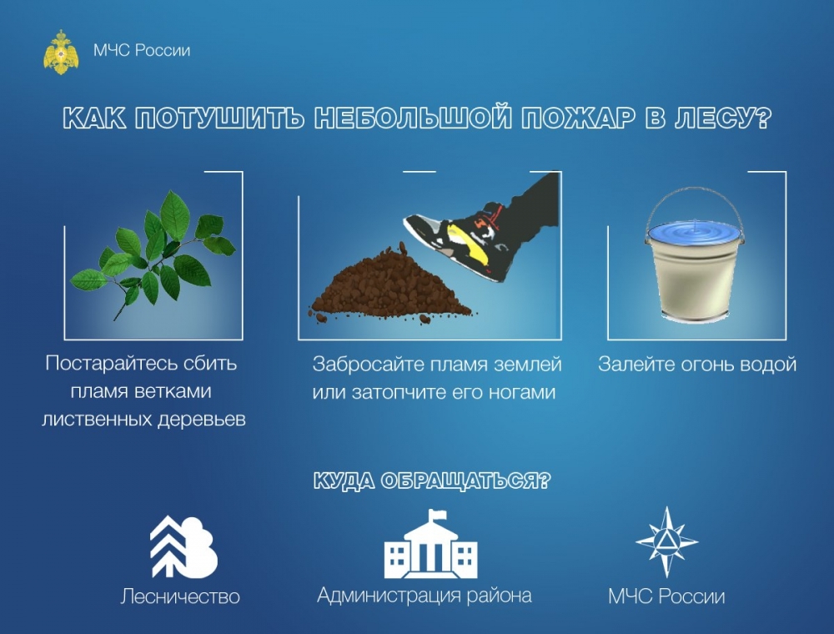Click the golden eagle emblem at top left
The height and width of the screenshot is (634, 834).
click(x=61, y=52)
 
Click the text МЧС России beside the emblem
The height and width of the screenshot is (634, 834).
click(x=142, y=51)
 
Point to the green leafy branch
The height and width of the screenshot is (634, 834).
click(x=153, y=254)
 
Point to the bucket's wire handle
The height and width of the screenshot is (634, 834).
click(x=695, y=204)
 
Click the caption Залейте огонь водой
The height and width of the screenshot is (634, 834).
click(x=697, y=365)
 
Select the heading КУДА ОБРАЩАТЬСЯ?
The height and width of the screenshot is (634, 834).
click(x=432, y=481)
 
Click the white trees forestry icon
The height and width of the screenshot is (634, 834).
click(x=183, y=546)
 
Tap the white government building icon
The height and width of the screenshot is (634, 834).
click(x=431, y=545)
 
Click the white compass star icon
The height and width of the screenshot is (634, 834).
click(x=667, y=542)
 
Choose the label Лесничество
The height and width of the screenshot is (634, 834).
click(x=180, y=596)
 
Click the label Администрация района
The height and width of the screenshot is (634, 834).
click(x=425, y=596)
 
